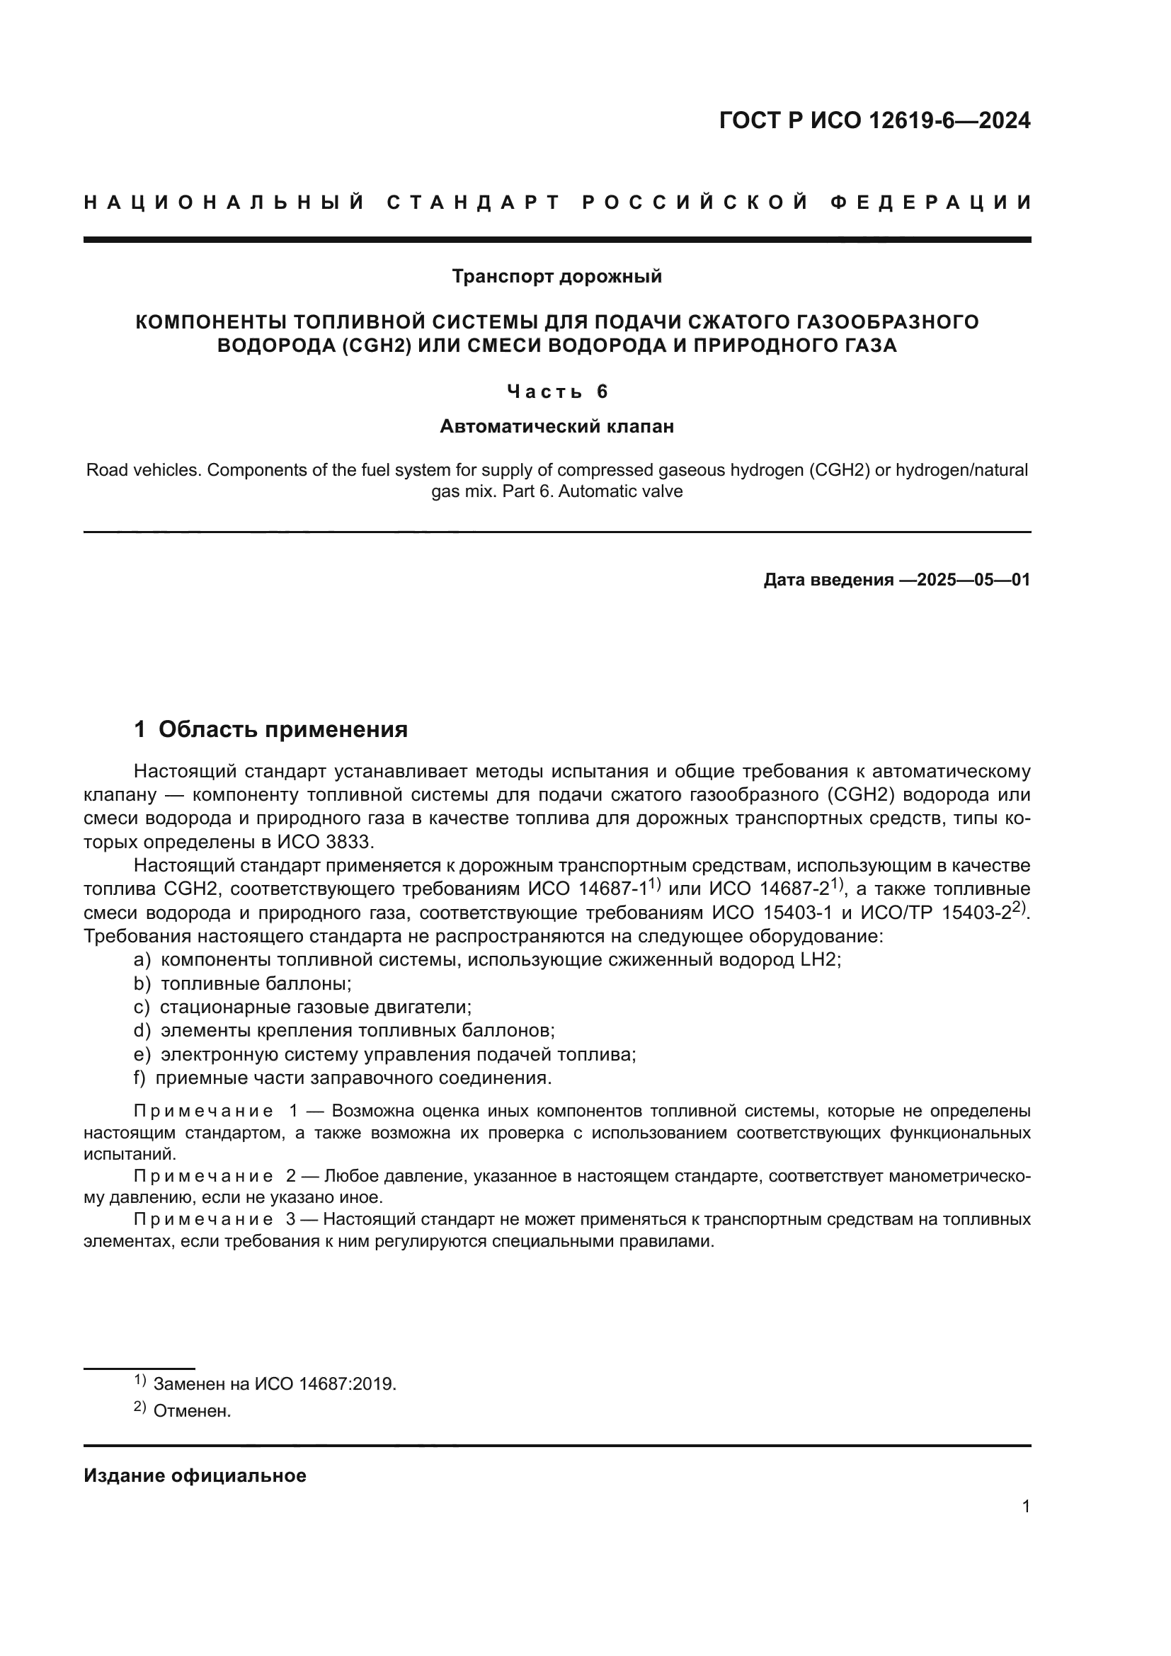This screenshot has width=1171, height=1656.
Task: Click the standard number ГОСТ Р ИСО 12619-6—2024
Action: (874, 120)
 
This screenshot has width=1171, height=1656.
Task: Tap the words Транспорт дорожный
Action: (556, 276)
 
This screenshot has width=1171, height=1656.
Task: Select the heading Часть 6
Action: (556, 392)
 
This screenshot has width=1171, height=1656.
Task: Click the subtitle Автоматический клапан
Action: (556, 427)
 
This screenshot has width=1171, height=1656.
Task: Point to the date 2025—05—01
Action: (973, 580)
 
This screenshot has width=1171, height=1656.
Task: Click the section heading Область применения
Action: (282, 730)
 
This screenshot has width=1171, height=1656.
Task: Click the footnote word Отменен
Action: (192, 1412)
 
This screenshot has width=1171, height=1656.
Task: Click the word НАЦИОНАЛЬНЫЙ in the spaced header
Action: (224, 202)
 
